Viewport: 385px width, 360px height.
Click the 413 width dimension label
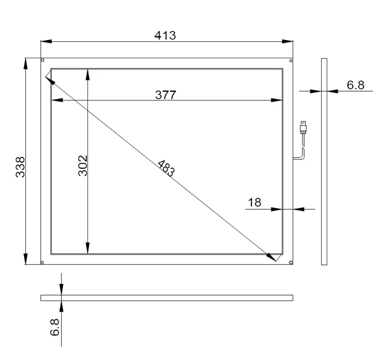coord(165,36)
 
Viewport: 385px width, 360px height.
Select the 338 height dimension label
coord(20,167)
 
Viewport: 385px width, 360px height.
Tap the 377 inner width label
coord(166,95)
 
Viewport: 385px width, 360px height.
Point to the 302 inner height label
coord(82,165)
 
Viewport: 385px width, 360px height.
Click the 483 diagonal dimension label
coord(166,168)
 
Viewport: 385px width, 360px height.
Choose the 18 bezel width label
coord(254,202)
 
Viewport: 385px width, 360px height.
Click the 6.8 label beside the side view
coord(355,85)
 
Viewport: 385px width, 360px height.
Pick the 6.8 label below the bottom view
coord(54,327)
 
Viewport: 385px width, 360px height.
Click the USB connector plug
coord(304,127)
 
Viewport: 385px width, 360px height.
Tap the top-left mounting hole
coord(43,60)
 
